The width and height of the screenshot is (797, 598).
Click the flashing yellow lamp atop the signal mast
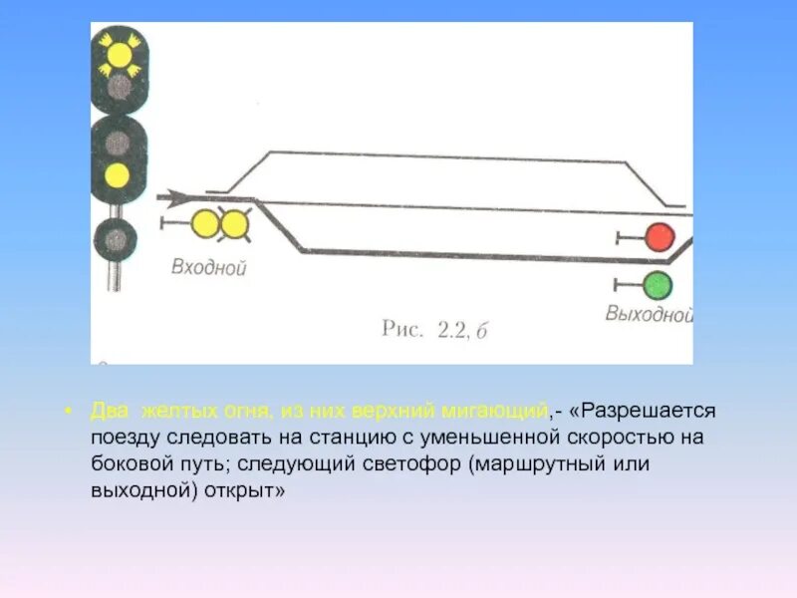pyautogui.click(x=118, y=54)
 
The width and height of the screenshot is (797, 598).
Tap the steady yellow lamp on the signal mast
pyautogui.click(x=118, y=176)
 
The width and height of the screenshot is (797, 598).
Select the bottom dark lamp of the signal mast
pyautogui.click(x=118, y=239)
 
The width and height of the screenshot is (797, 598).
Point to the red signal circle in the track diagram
pyautogui.click(x=658, y=237)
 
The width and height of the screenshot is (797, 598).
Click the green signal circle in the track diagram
pyautogui.click(x=657, y=285)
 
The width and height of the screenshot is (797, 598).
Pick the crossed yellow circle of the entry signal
pyautogui.click(x=235, y=225)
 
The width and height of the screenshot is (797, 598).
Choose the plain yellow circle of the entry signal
pyautogui.click(x=206, y=225)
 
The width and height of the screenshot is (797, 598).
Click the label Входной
pyautogui.click(x=208, y=267)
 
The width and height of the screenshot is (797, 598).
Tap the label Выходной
pyautogui.click(x=649, y=314)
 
